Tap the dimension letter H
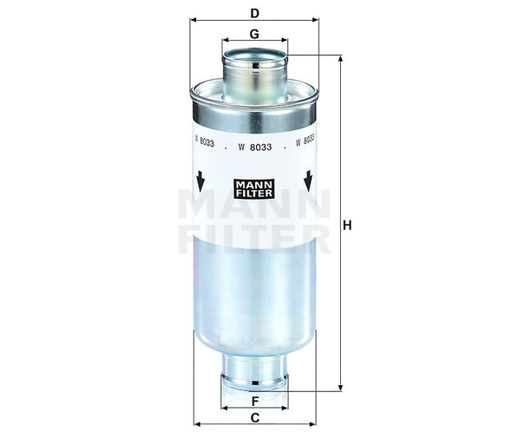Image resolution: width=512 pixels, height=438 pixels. click(x=347, y=225)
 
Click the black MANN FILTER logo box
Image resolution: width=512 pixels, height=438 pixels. click(x=254, y=189)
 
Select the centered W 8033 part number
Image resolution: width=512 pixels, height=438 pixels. click(x=254, y=147)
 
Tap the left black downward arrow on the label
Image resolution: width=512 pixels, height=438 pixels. click(x=200, y=181)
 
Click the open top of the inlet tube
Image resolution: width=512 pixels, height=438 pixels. click(x=254, y=56)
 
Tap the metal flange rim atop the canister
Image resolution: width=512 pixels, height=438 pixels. click(x=254, y=100)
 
